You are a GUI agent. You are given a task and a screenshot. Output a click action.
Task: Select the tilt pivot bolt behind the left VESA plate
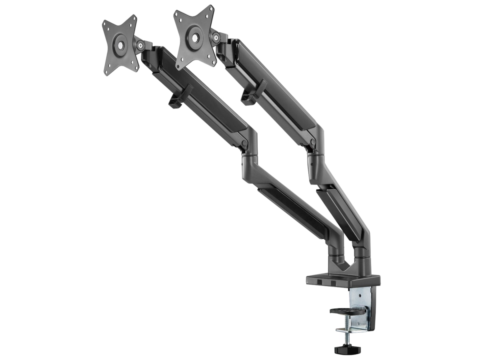pos(140,45)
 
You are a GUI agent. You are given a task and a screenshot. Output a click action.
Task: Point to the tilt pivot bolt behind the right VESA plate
pos(216,38)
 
